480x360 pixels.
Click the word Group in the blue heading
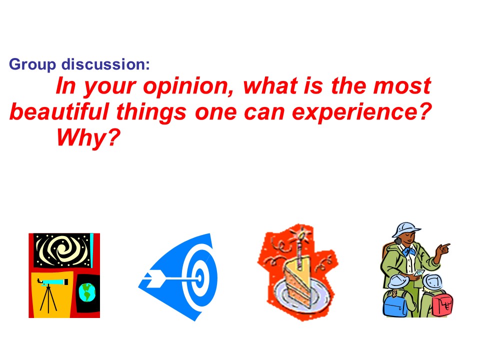tap(32, 64)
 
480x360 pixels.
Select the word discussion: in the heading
tap(106, 64)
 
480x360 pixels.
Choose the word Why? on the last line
tap(88, 137)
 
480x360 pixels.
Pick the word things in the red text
tap(151, 112)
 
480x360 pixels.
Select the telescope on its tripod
tap(50, 294)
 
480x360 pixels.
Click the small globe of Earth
tap(87, 292)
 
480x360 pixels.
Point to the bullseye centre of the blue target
tap(199, 278)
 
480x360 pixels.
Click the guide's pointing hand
tap(442, 248)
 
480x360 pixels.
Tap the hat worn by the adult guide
tap(406, 229)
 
